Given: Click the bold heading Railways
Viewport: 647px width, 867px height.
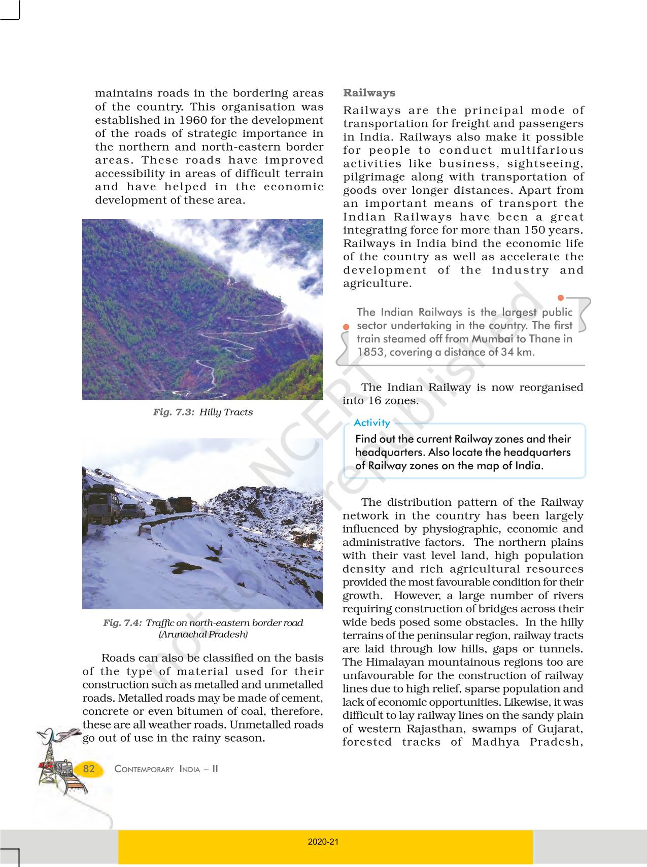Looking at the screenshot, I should click(x=369, y=93).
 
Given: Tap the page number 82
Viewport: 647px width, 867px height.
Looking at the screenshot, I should click(x=89, y=769).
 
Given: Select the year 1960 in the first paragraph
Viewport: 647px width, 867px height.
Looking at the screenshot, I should click(x=193, y=120).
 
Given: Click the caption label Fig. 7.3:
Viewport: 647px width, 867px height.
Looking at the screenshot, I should click(x=174, y=412).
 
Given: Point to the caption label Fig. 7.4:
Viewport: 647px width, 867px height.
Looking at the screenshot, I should click(x=123, y=623).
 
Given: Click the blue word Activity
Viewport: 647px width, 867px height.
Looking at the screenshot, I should click(x=371, y=423).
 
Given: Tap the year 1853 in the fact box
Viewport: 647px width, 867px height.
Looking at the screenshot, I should click(x=370, y=352).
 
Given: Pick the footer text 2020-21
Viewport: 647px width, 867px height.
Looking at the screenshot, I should click(x=323, y=842).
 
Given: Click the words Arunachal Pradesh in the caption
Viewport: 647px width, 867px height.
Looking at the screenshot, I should click(x=203, y=634).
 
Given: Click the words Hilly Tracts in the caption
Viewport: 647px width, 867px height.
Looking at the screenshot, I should click(x=226, y=412).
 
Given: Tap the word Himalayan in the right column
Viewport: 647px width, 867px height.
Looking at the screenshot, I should click(x=397, y=663).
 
